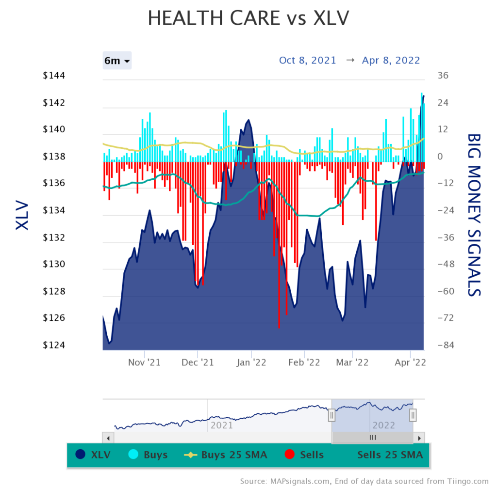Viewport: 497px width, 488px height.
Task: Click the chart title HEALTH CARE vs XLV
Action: [x=248, y=18]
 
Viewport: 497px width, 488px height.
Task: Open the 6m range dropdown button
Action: [x=117, y=61]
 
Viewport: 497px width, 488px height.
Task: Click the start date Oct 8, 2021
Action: [x=307, y=60]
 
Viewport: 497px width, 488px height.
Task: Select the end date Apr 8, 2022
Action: [x=391, y=60]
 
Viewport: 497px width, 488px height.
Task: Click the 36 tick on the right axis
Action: [x=443, y=76]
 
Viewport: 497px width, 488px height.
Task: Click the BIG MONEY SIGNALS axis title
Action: [x=474, y=215]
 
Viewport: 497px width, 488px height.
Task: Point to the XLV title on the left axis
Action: [x=22, y=215]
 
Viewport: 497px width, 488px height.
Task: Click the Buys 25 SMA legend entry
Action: [x=226, y=455]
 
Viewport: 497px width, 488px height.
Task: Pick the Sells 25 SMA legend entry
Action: [x=390, y=455]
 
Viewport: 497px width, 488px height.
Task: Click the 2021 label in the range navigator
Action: [x=221, y=425]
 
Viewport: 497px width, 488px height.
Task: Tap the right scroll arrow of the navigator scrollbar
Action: [x=419, y=438]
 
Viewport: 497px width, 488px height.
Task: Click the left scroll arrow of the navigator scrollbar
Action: [x=108, y=438]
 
